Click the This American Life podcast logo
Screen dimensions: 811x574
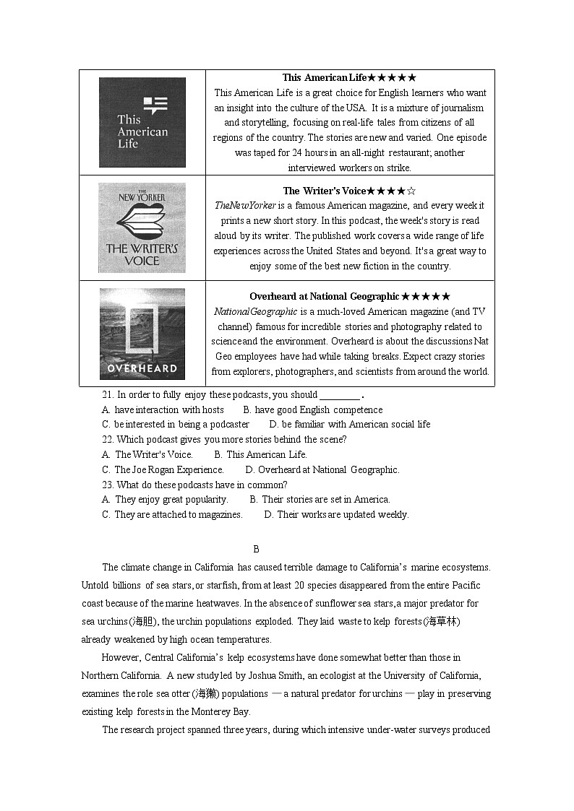click(142, 122)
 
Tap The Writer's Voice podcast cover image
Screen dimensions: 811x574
click(142, 227)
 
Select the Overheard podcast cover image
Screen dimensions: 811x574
click(142, 334)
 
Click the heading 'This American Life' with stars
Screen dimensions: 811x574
click(349, 77)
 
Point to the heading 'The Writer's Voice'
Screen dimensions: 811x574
click(349, 191)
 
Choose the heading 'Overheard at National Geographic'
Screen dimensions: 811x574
click(349, 296)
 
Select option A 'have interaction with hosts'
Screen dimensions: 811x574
click(163, 409)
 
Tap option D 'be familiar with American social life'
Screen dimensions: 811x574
click(349, 424)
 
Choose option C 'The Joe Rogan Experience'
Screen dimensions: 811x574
click(163, 469)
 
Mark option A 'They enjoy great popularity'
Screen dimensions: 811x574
click(165, 499)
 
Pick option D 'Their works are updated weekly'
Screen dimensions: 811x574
click(336, 514)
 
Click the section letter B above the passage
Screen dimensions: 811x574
click(256, 550)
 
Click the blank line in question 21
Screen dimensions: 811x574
click(339, 396)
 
